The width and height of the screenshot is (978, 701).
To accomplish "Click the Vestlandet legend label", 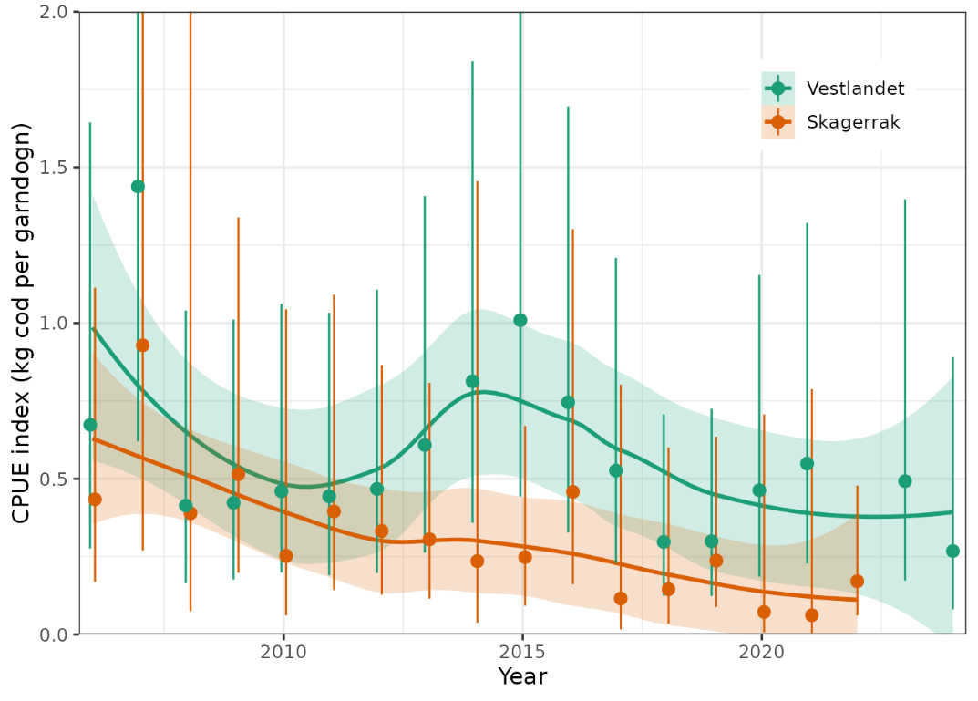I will [855, 88].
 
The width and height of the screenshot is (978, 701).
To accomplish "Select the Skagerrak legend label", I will [853, 122].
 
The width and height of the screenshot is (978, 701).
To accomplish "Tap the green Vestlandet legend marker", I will [777, 88].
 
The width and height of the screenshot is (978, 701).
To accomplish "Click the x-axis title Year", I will [522, 677].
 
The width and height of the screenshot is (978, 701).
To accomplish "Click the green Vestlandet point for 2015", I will [520, 320].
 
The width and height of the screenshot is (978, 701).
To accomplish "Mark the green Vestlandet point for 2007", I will [138, 186].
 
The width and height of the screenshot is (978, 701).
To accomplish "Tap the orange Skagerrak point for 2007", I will [142, 345].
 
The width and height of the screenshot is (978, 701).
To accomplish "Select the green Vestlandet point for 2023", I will [904, 480].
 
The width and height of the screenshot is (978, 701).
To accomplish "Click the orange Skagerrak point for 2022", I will [857, 581].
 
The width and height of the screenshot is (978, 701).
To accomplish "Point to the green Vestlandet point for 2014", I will [472, 381].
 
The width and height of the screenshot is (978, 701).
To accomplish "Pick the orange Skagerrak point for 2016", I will [572, 491].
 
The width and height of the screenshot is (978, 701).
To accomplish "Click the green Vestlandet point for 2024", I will [952, 551].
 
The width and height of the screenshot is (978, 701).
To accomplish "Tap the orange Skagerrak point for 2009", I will [238, 474].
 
